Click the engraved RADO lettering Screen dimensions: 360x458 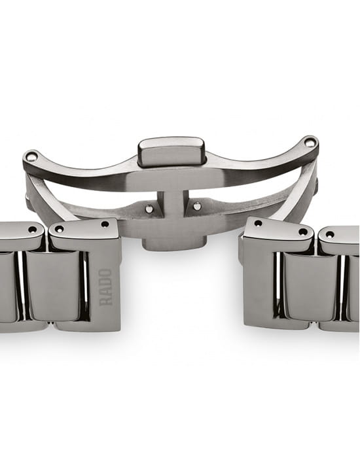[x=106, y=287]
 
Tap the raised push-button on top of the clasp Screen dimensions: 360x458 [x=172, y=152]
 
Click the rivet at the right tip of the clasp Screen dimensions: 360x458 [x=309, y=142]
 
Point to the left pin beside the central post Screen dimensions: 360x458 [x=149, y=209]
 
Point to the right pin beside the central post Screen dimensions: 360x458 [x=197, y=206]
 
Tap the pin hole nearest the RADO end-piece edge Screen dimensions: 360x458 [x=105, y=224]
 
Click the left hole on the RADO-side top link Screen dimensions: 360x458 [x=60, y=228]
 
